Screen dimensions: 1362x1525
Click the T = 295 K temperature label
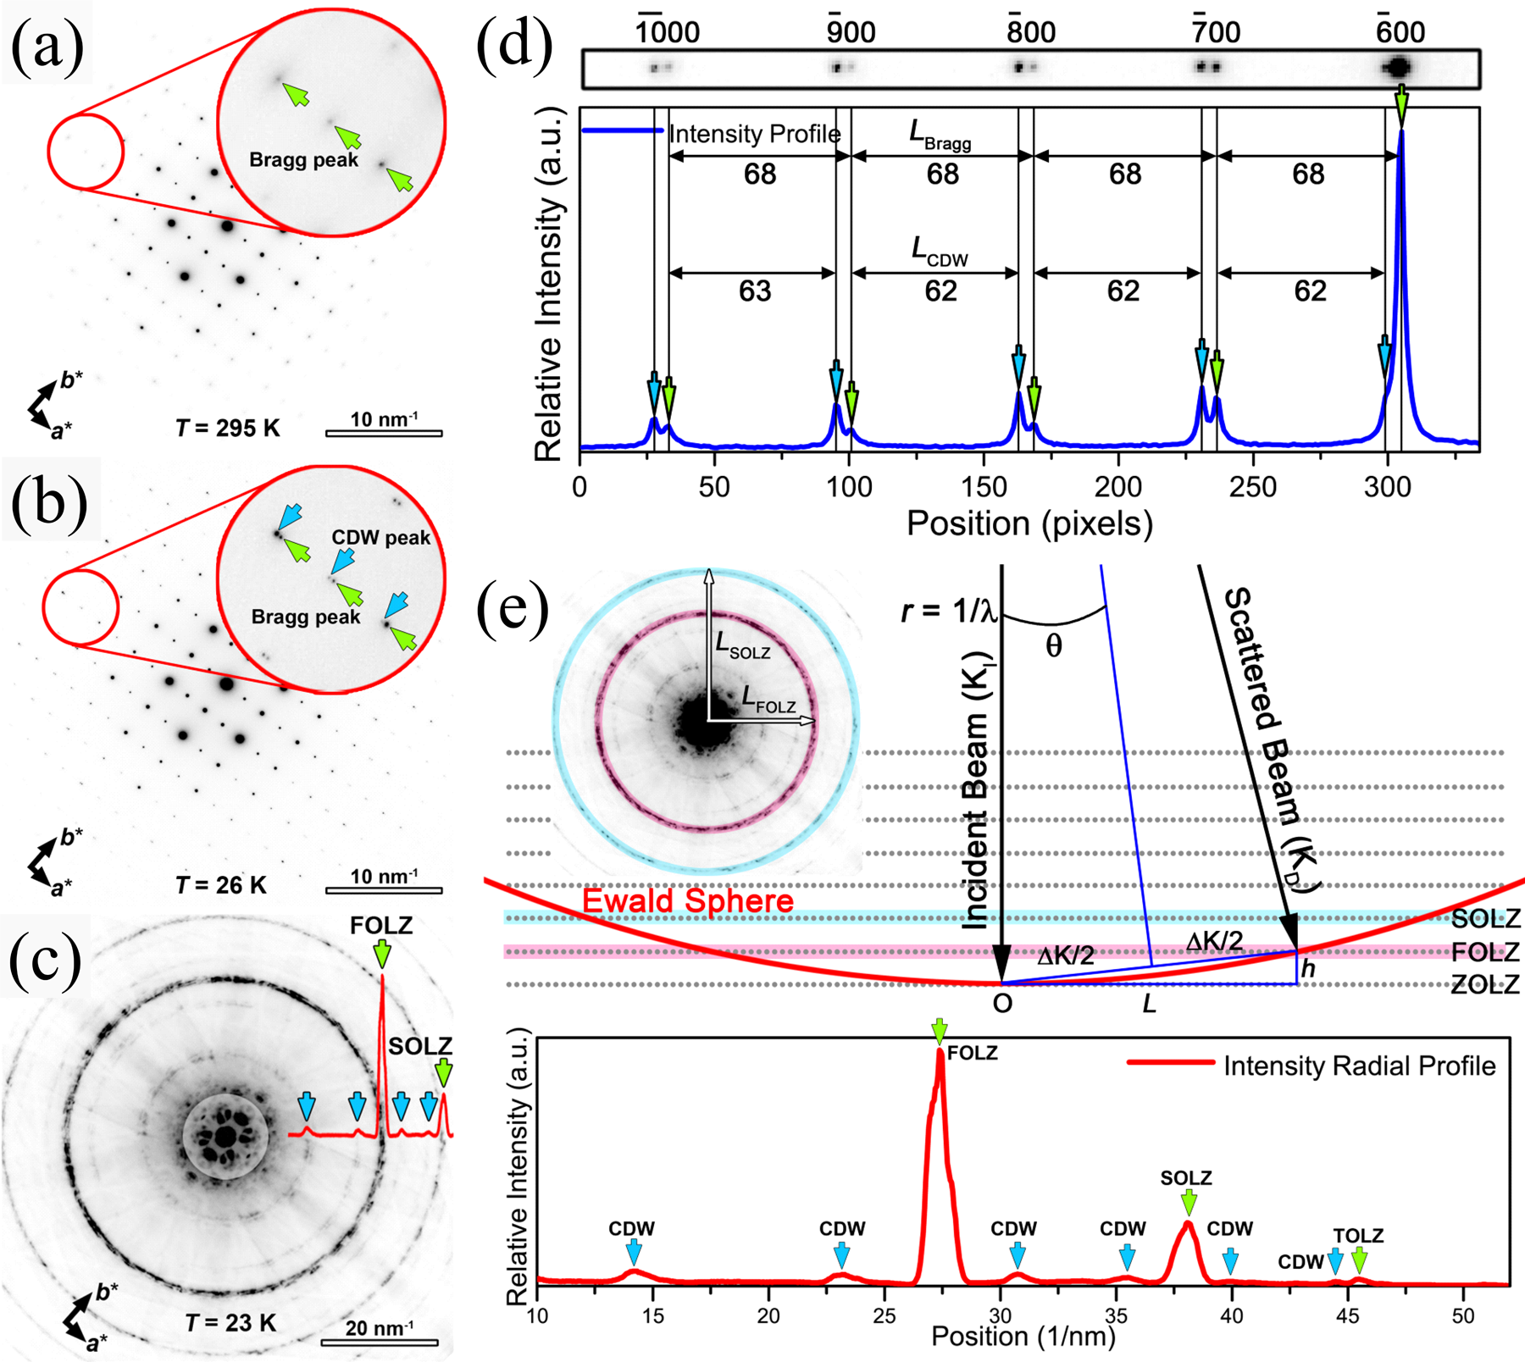(227, 428)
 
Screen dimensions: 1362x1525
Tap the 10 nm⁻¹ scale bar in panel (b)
(384, 889)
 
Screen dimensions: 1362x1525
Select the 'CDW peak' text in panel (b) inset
(381, 538)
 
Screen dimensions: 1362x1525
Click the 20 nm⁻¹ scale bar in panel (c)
(379, 1342)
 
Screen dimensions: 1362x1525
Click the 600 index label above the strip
(1400, 31)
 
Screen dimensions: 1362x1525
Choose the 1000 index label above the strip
(668, 32)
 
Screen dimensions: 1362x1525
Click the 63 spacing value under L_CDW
(754, 291)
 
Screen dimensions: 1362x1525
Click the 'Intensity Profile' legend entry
(754, 134)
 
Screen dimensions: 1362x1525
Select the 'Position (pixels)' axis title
(1029, 524)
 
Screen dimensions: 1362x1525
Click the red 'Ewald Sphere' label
(688, 900)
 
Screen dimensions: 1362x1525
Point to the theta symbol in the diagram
(1053, 646)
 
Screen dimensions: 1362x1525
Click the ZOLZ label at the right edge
(1485, 984)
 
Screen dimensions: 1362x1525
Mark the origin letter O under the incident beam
(1002, 1005)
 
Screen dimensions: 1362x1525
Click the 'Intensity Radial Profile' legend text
(1359, 1066)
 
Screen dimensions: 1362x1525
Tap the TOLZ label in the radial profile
(1358, 1236)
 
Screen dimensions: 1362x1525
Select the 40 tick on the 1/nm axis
(1232, 1315)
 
